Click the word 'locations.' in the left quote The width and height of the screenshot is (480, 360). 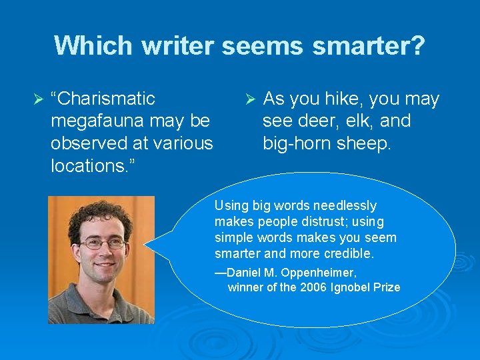coord(87,165)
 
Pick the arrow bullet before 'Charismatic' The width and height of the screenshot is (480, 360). coord(37,99)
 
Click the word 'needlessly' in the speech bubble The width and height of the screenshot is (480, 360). coord(346,205)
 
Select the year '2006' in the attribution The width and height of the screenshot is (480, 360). coord(314,287)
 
